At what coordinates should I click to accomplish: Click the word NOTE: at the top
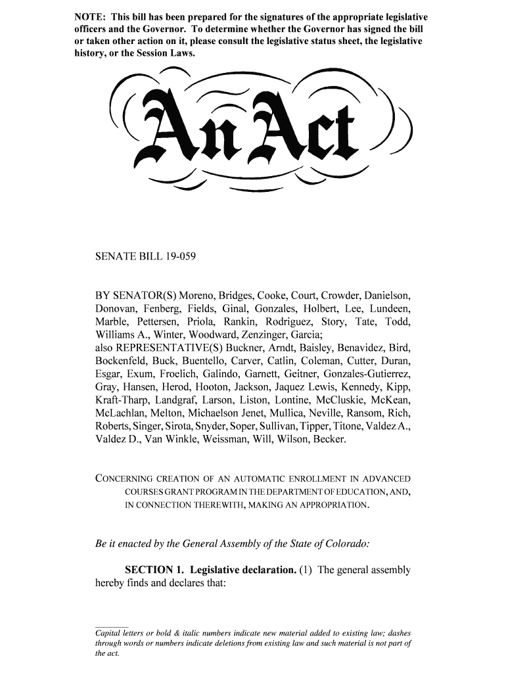point(89,16)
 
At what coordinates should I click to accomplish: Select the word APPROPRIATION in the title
point(333,505)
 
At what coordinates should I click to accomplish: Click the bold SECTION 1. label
point(156,570)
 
